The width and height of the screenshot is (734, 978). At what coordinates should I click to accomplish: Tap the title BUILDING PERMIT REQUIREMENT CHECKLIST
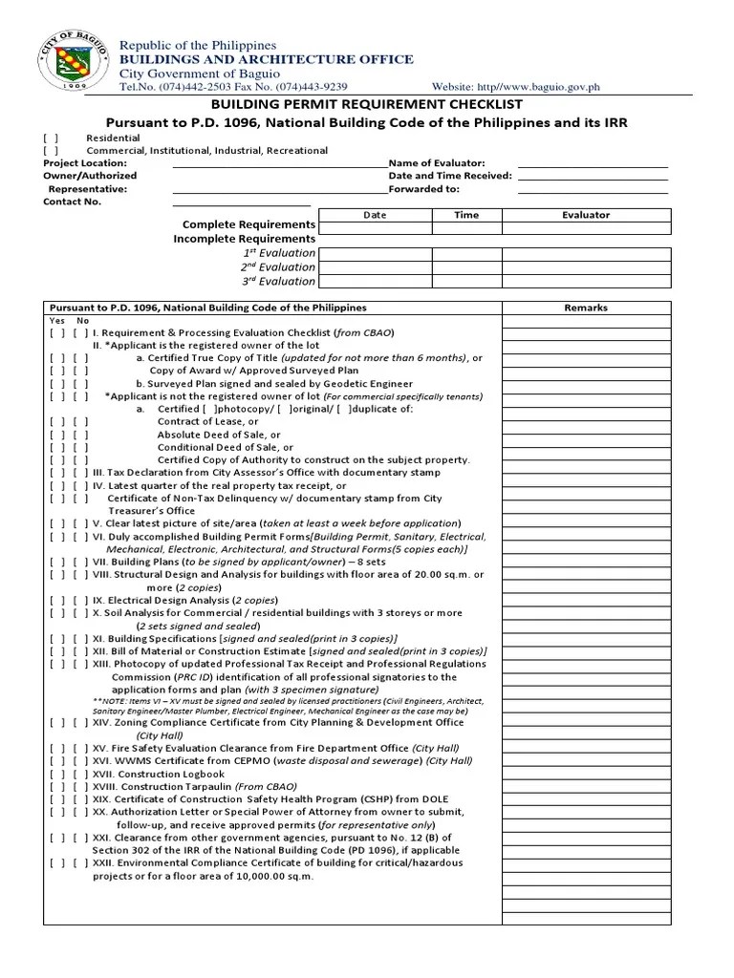coord(366,104)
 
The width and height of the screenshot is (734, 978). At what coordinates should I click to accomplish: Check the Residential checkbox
coord(51,138)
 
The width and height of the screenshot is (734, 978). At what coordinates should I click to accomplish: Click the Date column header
coord(375,215)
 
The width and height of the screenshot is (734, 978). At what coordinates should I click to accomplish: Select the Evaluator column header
coord(586,215)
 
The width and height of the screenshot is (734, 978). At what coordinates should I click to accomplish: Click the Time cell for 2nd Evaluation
coord(466,267)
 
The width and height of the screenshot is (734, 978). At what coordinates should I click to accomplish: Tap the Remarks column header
coord(586,308)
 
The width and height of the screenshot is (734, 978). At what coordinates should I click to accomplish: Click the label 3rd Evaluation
coord(278,282)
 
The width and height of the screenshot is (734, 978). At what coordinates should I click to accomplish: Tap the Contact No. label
coord(73,202)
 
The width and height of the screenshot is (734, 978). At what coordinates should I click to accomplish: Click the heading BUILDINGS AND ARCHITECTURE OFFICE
coord(266,59)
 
